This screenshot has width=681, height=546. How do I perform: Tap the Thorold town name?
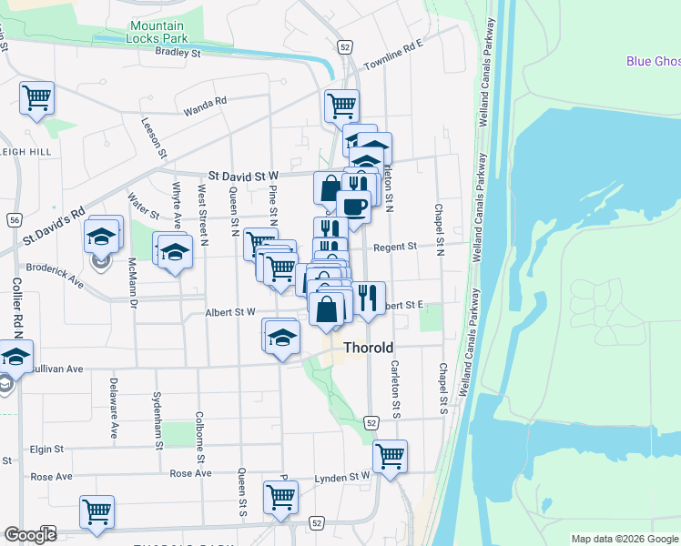(x=369, y=348)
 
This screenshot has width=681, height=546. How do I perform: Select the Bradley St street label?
(x=178, y=53)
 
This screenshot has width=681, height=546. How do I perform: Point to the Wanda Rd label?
(x=204, y=106)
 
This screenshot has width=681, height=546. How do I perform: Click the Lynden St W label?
(x=343, y=476)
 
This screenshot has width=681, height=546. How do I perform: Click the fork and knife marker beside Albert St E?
(x=368, y=298)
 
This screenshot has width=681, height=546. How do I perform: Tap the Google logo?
(x=30, y=534)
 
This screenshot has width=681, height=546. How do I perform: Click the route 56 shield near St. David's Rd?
(x=15, y=220)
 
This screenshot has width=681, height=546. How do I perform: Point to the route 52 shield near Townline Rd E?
(x=344, y=46)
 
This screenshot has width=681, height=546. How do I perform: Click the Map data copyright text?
(x=625, y=539)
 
